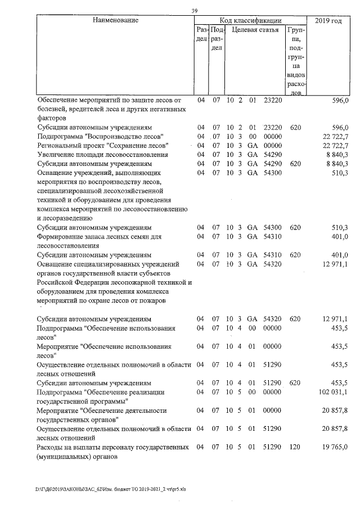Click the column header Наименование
115,21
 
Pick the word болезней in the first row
52,109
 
